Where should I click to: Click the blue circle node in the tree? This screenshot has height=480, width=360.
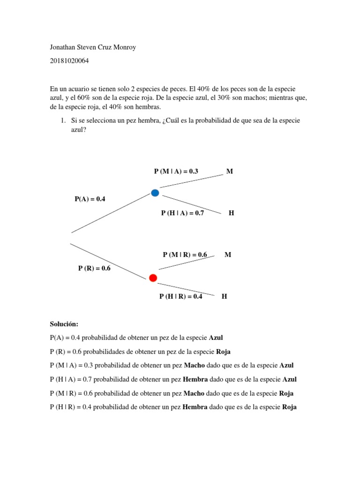coord(155,193)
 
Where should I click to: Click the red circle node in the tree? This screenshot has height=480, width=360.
coord(153,278)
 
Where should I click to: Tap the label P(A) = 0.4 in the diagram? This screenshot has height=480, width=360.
coord(90,199)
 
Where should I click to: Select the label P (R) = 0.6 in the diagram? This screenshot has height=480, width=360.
coord(94,269)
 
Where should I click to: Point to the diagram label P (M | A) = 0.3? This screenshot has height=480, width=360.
coord(176,172)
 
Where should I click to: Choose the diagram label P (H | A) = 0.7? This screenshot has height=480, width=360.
coord(182,213)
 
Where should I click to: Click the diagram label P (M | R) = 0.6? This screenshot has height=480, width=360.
coord(185,255)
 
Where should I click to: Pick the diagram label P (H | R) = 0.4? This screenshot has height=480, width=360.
coord(181,296)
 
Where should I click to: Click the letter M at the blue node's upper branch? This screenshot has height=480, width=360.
coord(229,172)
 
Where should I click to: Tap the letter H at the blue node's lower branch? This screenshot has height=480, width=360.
coord(231,213)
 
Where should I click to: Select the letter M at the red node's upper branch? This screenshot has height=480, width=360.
coord(228,255)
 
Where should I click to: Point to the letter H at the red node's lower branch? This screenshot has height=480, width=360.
coord(224,296)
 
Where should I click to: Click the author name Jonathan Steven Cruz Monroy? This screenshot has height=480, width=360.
coord(93,47)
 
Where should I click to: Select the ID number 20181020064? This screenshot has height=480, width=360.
coord(69,61)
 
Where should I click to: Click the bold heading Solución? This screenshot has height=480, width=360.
coord(64,324)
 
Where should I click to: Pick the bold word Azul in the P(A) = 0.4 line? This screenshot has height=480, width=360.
coord(216,337)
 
